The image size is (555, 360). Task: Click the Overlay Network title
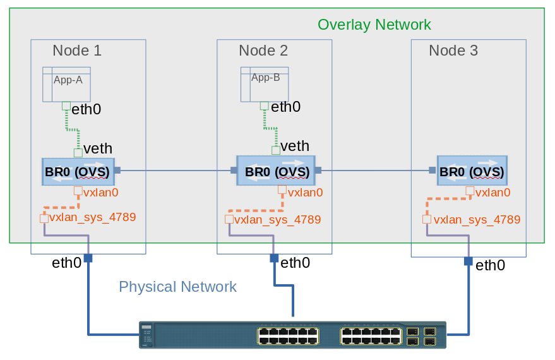coord(374,25)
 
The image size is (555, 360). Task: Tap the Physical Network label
coord(177,287)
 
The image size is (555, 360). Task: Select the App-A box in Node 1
coord(66,84)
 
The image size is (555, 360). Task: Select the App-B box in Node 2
coord(265,84)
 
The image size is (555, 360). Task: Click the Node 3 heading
coord(453,51)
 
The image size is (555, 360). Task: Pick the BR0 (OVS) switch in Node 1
coord(77,171)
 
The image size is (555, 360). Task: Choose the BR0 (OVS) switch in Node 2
coord(276,171)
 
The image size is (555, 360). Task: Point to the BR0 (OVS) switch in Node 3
coord(472,171)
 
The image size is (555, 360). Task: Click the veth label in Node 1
coord(98,148)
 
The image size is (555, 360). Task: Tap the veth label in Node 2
coord(295,147)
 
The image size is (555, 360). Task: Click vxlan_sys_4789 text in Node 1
coord(92,217)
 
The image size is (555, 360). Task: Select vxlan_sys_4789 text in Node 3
coord(477,220)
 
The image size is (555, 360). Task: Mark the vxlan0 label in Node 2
coord(305,193)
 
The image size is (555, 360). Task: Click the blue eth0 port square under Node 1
coord(88,258)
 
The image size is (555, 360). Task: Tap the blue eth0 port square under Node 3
coord(468,261)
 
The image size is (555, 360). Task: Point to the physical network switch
coord(292,335)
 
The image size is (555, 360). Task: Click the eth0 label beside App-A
coord(86,109)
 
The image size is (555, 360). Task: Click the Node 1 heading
coord(76,51)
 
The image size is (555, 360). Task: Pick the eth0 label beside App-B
coord(285,107)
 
